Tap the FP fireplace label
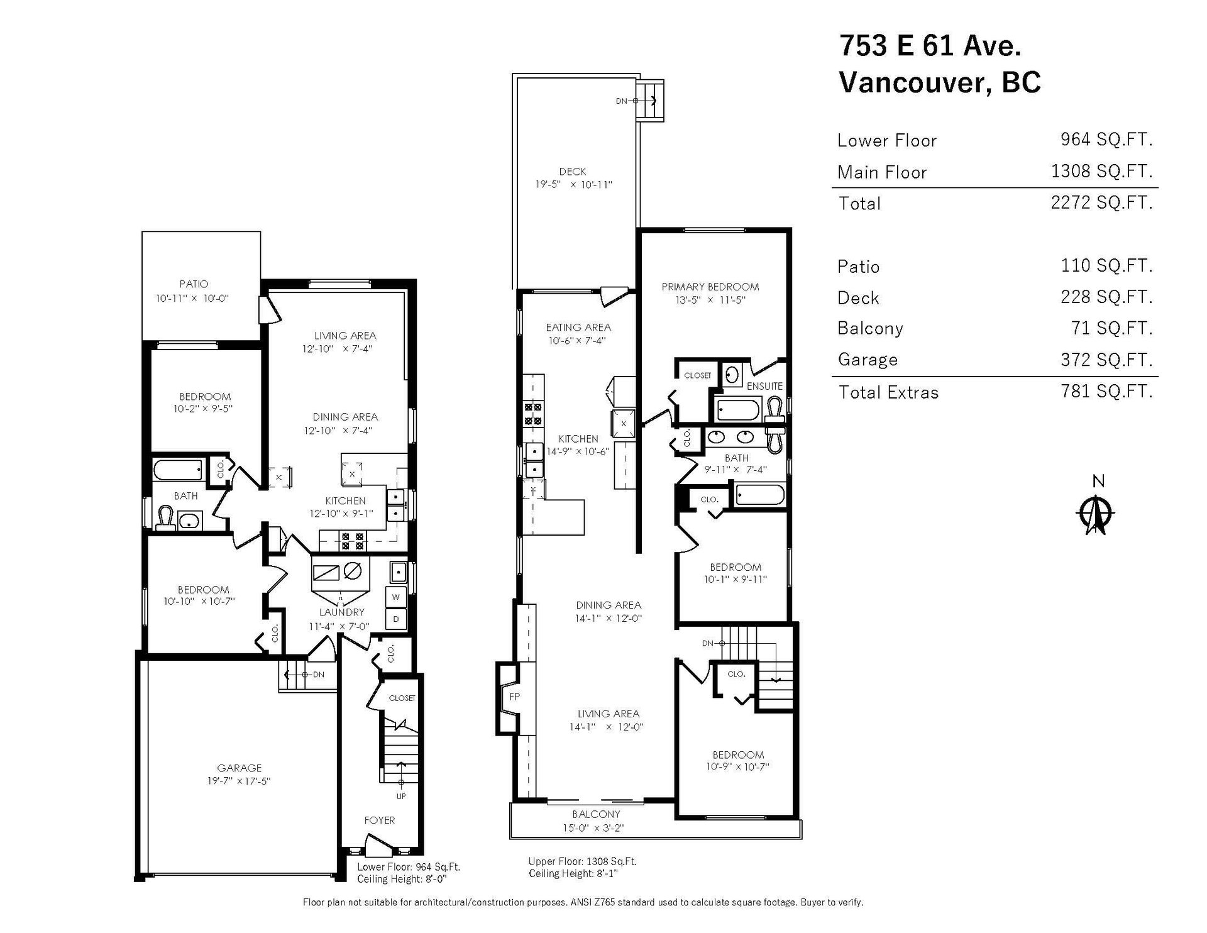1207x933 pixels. [514, 697]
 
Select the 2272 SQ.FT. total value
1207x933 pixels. [1101, 202]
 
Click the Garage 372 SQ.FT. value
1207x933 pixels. [1106, 360]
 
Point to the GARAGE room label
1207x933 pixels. [240, 768]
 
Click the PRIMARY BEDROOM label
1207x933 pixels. [710, 287]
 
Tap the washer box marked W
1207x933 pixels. [396, 597]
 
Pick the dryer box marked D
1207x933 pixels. [396, 619]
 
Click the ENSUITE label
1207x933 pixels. [764, 386]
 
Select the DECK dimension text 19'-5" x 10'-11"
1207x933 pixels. [573, 185]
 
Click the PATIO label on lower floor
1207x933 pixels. [194, 284]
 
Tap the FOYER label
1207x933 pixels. [380, 820]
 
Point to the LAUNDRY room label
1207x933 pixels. [342, 612]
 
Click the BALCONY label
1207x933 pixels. [596, 814]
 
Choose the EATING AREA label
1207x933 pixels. [578, 328]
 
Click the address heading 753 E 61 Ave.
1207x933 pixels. [930, 45]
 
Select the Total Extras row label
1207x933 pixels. [888, 392]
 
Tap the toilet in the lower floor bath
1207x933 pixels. [165, 519]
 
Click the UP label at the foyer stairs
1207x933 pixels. [401, 797]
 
